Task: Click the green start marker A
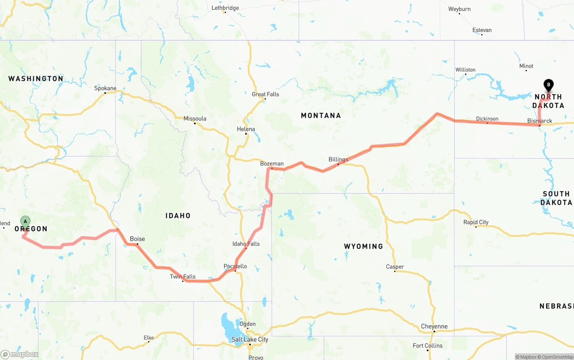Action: [26, 221]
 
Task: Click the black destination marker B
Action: [548, 84]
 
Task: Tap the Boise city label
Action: [137, 239]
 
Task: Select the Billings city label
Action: [338, 160]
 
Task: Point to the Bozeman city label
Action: [272, 164]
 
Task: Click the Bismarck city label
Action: [540, 121]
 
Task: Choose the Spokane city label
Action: [105, 88]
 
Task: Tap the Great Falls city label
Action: [265, 94]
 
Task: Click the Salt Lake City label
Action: [250, 339]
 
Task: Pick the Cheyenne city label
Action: [434, 326]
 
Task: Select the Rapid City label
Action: [476, 222]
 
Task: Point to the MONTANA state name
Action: [321, 116]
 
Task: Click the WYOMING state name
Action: [363, 246]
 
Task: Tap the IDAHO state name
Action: [178, 216]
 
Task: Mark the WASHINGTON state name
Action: [36, 79]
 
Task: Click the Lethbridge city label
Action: [225, 8]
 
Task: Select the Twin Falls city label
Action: [183, 277]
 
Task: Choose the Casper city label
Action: [395, 267]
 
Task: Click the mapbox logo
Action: [20, 354]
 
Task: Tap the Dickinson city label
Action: [487, 119]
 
